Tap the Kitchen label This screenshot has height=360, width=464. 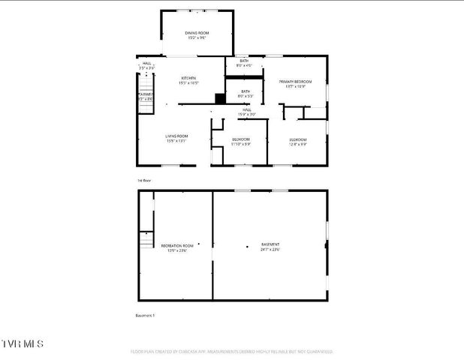pyautogui.click(x=188, y=80)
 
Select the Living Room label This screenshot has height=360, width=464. pyautogui.click(x=176, y=138)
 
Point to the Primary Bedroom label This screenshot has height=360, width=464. pyautogui.click(x=294, y=83)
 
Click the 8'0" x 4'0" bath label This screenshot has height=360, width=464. pyautogui.click(x=245, y=63)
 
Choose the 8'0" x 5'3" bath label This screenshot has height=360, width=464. pyautogui.click(x=245, y=94)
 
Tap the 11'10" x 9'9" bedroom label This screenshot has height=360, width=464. pyautogui.click(x=240, y=142)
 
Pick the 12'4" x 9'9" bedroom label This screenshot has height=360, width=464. pyautogui.click(x=298, y=142)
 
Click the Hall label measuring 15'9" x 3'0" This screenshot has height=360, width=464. pyautogui.click(x=247, y=112)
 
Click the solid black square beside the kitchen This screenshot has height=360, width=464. pyautogui.click(x=219, y=98)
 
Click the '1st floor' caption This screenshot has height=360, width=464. pyautogui.click(x=144, y=181)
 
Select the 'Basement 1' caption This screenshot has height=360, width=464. pyautogui.click(x=145, y=315)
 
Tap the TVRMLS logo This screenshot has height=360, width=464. pyautogui.click(x=23, y=343)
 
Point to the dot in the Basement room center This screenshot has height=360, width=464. pyautogui.click(x=247, y=246)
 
